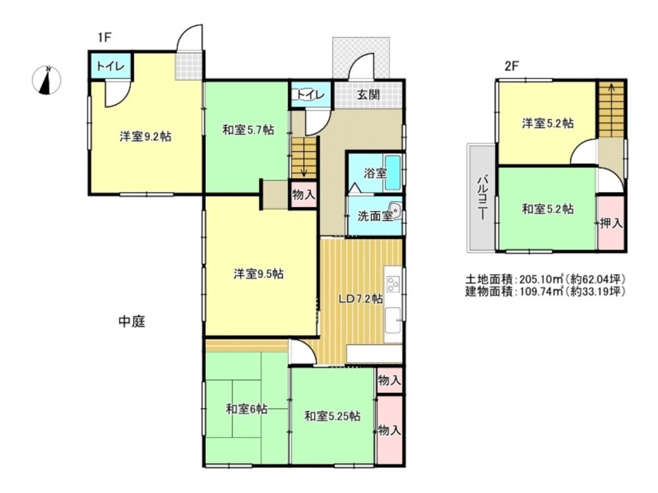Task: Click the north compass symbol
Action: point(47,80)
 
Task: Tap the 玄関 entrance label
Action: point(368,95)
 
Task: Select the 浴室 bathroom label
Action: point(375,173)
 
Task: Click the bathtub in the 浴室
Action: point(393,172)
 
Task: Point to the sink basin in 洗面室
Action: point(395,210)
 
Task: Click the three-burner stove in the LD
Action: point(393,284)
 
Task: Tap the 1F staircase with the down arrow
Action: point(303,158)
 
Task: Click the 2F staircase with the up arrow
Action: point(611,110)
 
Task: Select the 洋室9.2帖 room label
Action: point(145,137)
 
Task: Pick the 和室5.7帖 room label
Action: point(248,130)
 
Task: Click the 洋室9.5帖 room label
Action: point(258,274)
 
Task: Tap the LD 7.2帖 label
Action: point(361,299)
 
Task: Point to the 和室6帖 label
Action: point(246,409)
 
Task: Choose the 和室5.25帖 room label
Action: point(332,416)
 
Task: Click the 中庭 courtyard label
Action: point(132,322)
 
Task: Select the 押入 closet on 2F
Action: point(611,223)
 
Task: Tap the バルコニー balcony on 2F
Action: point(482,198)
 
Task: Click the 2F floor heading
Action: point(511,66)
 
